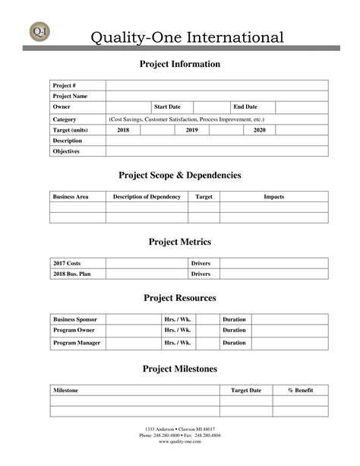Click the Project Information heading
point(180,64)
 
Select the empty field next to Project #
point(216,85)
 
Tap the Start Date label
point(167,107)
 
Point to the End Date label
point(245,107)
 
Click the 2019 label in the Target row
point(191,130)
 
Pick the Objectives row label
point(66,151)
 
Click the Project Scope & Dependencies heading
point(180,176)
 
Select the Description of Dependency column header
point(147,197)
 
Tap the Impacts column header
point(273,197)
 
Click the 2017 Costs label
point(67,263)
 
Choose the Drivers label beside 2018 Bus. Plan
point(201,274)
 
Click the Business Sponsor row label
point(74,319)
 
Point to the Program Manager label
point(76,343)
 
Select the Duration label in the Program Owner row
point(234,330)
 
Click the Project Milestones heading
point(180,369)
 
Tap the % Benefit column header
point(300,390)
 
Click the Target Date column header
point(246,390)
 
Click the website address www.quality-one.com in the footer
point(180,442)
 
